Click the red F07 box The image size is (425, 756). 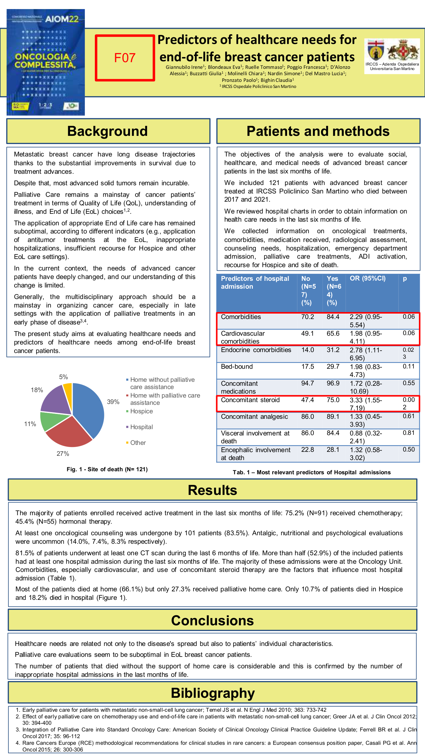tap(125, 58)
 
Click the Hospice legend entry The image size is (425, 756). tap(141, 411)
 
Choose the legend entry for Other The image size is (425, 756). tap(138, 443)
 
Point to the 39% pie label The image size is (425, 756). tap(113, 402)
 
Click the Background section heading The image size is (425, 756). tap(108, 131)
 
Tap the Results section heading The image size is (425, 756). tap(212, 490)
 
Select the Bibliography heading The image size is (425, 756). tap(212, 693)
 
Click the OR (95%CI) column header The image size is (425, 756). tap(367, 279)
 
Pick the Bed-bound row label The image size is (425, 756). tap(237, 367)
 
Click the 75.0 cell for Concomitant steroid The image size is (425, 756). tap(333, 400)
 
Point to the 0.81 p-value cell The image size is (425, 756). tap(409, 433)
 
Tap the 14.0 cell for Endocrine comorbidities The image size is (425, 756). tap(307, 350)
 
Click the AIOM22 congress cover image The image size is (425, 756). tap(46, 62)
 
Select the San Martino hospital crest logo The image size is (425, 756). tap(392, 52)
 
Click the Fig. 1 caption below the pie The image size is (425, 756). tap(107, 469)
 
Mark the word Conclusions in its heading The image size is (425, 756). tap(212, 620)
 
